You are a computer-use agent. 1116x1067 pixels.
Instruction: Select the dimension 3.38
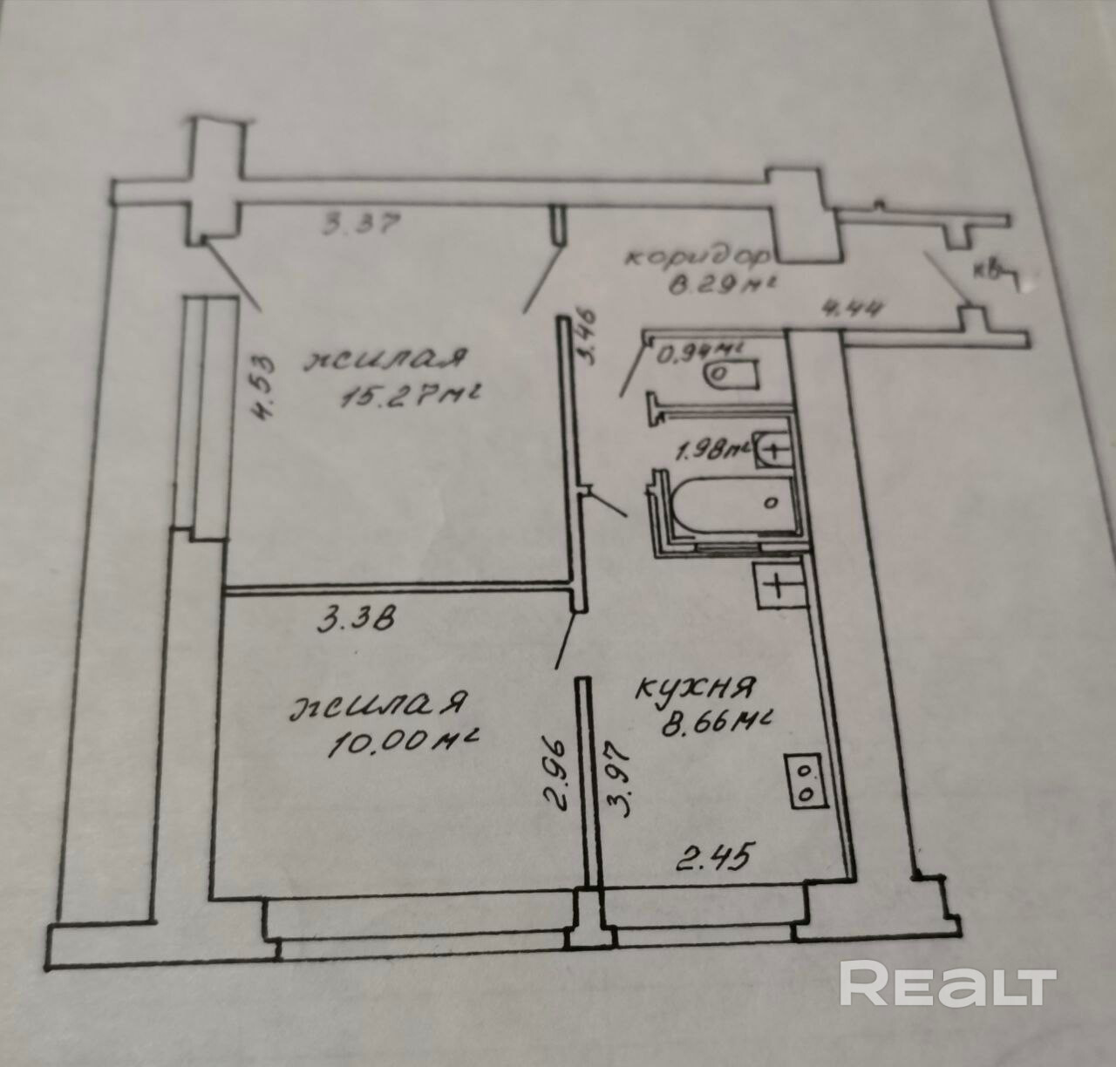coord(357,621)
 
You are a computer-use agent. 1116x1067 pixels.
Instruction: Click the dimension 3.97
coord(620,777)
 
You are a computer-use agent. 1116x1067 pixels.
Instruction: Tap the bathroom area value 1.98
coord(711,451)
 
